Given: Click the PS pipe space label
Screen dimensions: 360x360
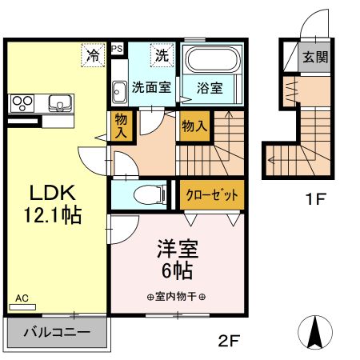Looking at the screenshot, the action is tap(117, 49).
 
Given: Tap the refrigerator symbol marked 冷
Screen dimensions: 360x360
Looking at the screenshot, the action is tap(93, 55).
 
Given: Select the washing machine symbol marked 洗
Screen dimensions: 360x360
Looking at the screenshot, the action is tap(162, 55).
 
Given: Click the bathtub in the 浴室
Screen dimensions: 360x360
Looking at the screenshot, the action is tap(212, 59).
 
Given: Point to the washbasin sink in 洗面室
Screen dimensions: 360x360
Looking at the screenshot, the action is tap(119, 92).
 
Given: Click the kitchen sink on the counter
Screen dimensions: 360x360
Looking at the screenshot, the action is tap(60, 103).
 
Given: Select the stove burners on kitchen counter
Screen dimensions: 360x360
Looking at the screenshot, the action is tap(22, 103).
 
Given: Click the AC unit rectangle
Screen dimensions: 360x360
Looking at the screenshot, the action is tap(22, 307).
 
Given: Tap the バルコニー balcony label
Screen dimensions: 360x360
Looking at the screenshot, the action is tap(57, 332).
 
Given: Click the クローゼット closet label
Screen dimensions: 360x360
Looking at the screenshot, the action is tap(212, 195).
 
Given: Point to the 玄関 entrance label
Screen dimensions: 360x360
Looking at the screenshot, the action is tap(315, 57).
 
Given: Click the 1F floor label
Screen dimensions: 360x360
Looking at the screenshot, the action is tap(316, 198).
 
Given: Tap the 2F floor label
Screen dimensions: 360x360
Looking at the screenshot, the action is tap(229, 341).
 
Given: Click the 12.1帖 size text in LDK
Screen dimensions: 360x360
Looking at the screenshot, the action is tap(53, 215).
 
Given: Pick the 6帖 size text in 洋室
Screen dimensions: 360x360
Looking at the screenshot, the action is tap(177, 270).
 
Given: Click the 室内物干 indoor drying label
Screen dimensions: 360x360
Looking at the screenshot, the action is tap(176, 297).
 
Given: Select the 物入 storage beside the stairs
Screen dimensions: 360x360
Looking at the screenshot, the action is tap(194, 126).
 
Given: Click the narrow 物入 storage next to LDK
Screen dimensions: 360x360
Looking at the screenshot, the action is tap(122, 126).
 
